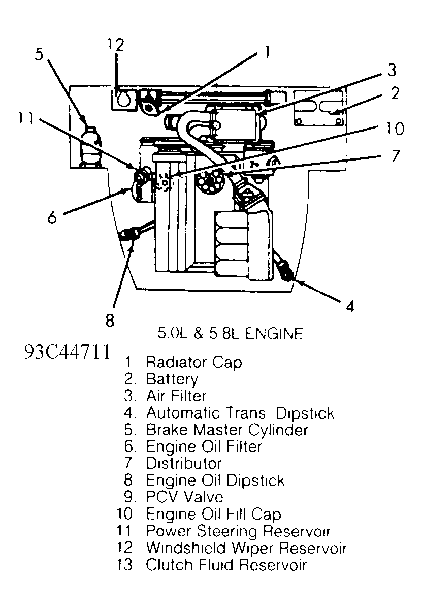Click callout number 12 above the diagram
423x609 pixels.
click(115, 45)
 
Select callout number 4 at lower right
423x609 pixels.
click(349, 306)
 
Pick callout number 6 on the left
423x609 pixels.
click(52, 217)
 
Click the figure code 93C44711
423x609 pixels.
click(67, 352)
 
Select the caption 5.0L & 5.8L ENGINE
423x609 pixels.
click(230, 334)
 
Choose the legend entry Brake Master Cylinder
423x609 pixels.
click(226, 430)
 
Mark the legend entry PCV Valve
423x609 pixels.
click(184, 497)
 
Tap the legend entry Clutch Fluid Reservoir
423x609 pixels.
click(226, 565)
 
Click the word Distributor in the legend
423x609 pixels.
click(184, 463)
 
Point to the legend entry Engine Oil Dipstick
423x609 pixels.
click(215, 480)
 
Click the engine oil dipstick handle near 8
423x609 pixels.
click(131, 234)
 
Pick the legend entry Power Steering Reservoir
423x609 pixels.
click(238, 531)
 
